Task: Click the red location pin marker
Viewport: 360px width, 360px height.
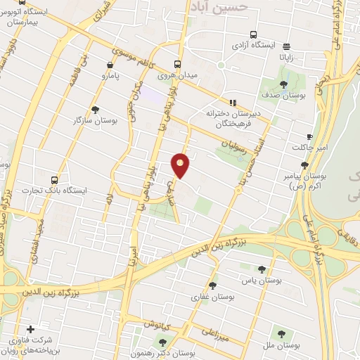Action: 181,165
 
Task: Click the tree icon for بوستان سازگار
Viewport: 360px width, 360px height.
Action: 95,110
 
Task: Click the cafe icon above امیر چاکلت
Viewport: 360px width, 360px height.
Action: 310,136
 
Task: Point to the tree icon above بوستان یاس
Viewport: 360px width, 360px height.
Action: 262,269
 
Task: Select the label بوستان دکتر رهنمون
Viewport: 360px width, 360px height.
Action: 200,352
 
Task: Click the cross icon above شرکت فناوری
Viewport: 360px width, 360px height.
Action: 30,329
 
